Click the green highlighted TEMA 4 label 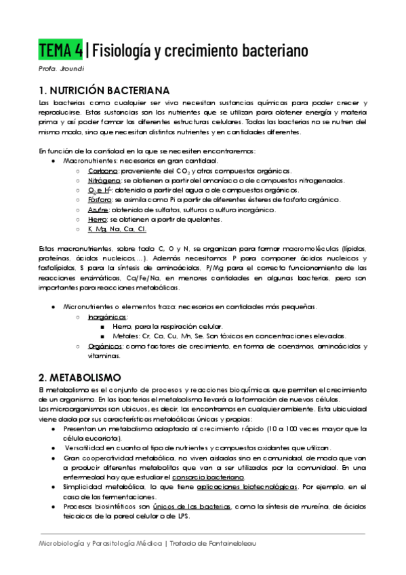tap(60, 50)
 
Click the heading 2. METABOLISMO tap(80, 376)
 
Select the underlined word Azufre tap(100, 210)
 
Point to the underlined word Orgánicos tap(104, 346)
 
